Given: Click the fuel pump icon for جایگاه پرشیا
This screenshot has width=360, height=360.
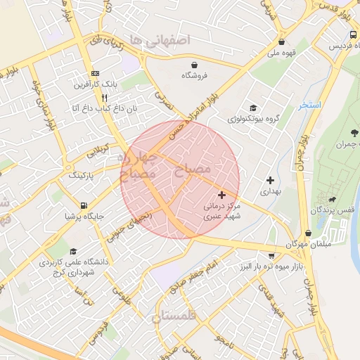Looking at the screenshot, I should (84, 206).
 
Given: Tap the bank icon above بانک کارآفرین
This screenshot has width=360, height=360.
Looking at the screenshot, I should (95, 74).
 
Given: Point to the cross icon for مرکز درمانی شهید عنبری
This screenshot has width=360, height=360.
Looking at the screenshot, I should (222, 195).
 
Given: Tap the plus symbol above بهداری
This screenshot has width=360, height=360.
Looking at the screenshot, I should (270, 180).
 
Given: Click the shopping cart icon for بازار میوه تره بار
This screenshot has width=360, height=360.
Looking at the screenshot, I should (271, 257).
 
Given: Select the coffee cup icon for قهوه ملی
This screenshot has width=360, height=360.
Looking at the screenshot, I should (281, 41).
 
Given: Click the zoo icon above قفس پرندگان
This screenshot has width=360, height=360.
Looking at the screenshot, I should (323, 199).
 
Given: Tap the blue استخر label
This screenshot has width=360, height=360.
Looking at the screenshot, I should (309, 105).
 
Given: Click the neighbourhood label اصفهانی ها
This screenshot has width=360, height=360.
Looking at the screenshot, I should (166, 40).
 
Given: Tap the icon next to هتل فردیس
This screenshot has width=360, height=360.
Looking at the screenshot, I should (352, 35).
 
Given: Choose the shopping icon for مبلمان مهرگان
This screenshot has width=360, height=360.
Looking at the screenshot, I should (308, 233).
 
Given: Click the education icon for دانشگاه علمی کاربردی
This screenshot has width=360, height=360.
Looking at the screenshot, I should (72, 250).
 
